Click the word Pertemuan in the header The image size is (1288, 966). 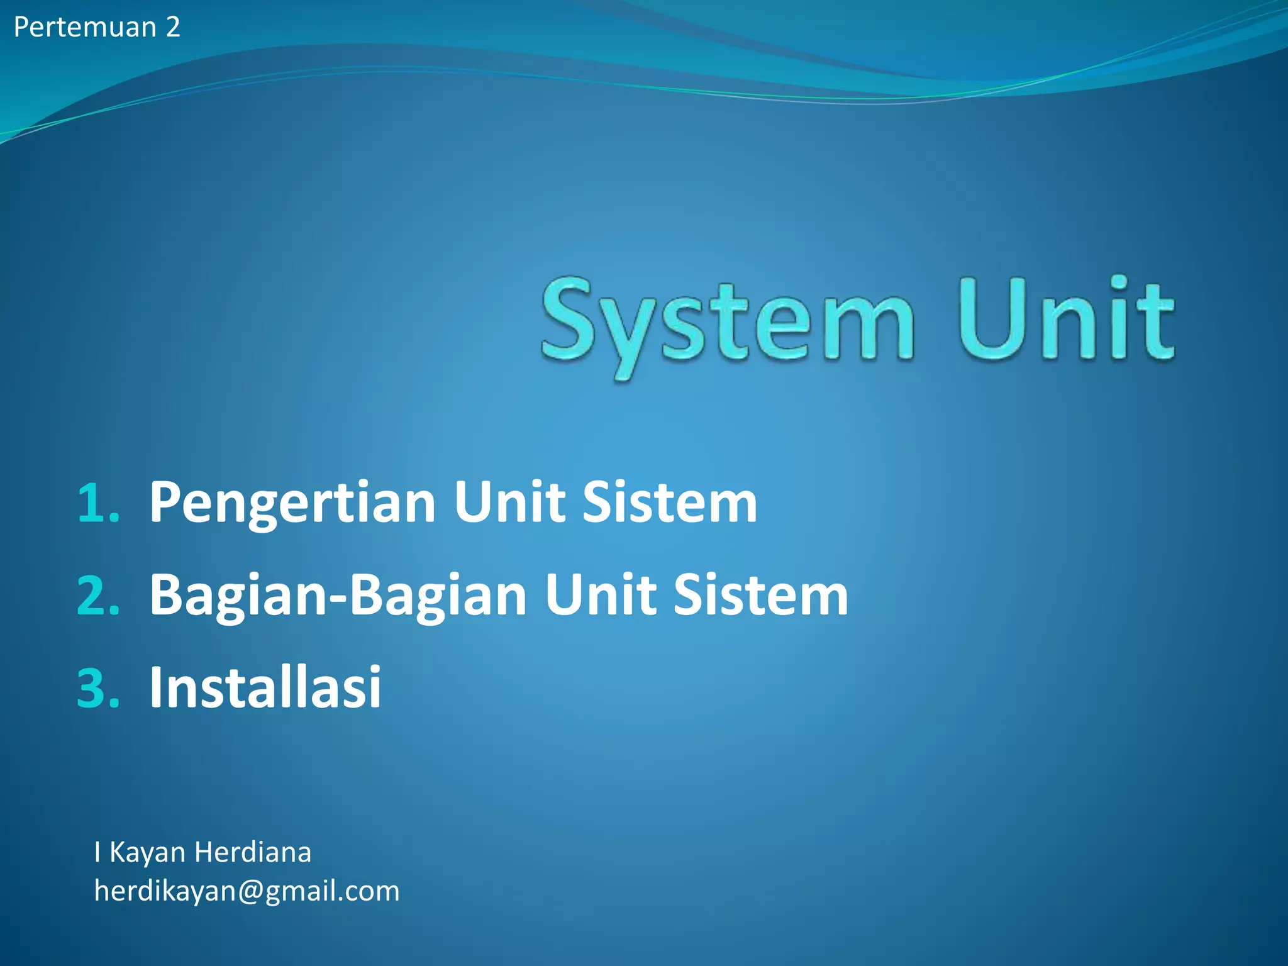(85, 28)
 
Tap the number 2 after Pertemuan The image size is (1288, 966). (173, 28)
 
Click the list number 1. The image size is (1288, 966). (97, 502)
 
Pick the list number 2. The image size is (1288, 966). (97, 595)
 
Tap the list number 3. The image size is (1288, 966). (97, 687)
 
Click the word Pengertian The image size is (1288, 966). (292, 502)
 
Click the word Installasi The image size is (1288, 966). (265, 687)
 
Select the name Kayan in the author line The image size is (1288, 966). (147, 853)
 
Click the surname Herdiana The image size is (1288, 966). (252, 852)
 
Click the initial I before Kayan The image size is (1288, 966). (97, 853)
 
